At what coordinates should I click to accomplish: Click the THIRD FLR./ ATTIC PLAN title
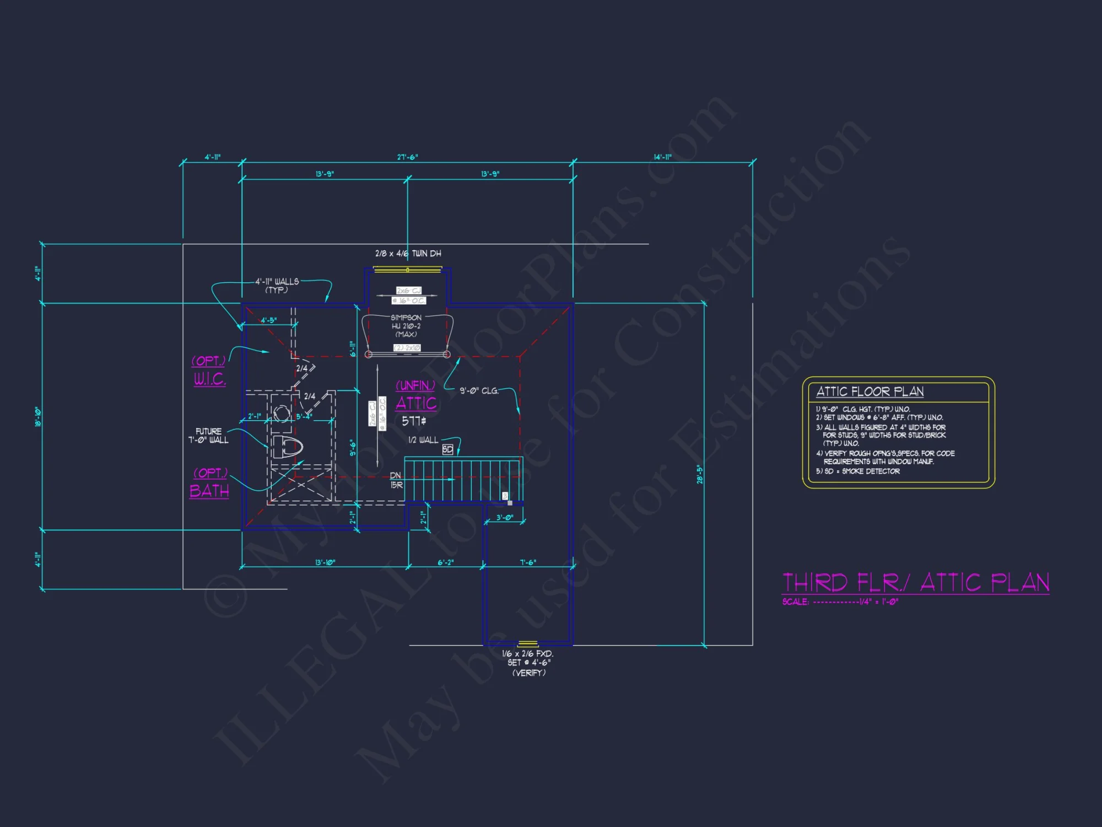[915, 583]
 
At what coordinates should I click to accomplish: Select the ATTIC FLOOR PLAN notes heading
[869, 391]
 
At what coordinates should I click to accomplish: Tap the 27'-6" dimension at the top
[407, 157]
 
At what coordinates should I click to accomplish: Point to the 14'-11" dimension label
[662, 157]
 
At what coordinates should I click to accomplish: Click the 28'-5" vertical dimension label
[700, 474]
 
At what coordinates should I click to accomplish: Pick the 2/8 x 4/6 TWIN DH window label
[408, 254]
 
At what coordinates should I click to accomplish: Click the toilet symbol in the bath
[288, 447]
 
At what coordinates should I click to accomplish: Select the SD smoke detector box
[447, 450]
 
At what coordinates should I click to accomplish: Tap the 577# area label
[414, 421]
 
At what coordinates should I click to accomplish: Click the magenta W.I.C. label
[209, 379]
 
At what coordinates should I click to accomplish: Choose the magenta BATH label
[209, 491]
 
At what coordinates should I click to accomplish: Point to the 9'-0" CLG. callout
[479, 391]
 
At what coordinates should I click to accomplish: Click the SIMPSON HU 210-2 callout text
[406, 326]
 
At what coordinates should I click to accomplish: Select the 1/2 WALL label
[423, 440]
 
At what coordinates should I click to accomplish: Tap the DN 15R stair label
[396, 480]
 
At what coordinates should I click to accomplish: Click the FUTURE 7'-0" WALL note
[208, 436]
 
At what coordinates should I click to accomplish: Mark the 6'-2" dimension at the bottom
[445, 562]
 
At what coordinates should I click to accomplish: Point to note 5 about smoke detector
[858, 471]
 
